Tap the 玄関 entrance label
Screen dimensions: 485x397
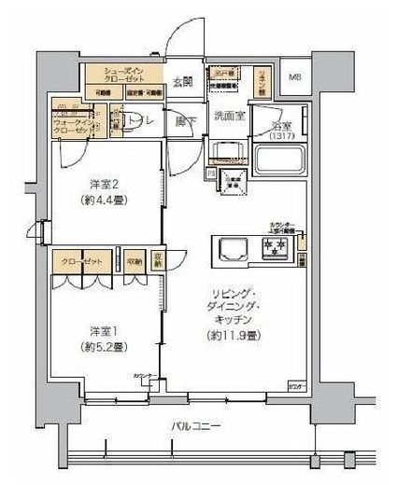tap(182, 82)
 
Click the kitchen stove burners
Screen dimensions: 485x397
tap(276, 248)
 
